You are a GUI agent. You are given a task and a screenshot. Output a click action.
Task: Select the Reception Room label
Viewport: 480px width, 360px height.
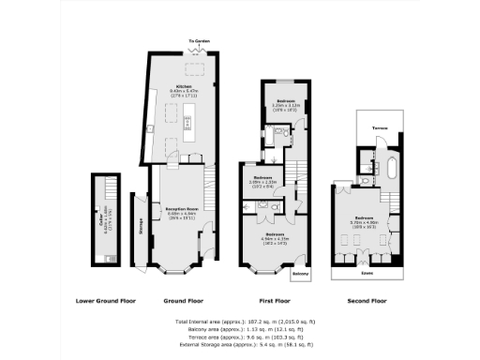(181, 211)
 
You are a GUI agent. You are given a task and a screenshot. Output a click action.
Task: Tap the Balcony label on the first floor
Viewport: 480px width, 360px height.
(300, 274)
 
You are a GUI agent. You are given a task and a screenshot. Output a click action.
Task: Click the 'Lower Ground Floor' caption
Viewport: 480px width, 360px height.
(106, 301)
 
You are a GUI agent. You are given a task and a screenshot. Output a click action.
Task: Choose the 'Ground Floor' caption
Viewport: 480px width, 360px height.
(183, 301)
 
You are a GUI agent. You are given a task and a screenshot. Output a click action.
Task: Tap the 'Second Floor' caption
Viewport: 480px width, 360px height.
(366, 301)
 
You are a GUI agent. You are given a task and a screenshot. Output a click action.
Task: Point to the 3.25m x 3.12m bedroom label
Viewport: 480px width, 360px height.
(285, 103)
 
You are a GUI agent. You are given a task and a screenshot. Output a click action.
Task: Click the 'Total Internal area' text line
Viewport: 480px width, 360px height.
(240, 322)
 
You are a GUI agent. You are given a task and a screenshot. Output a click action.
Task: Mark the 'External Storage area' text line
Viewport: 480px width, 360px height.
(240, 344)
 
